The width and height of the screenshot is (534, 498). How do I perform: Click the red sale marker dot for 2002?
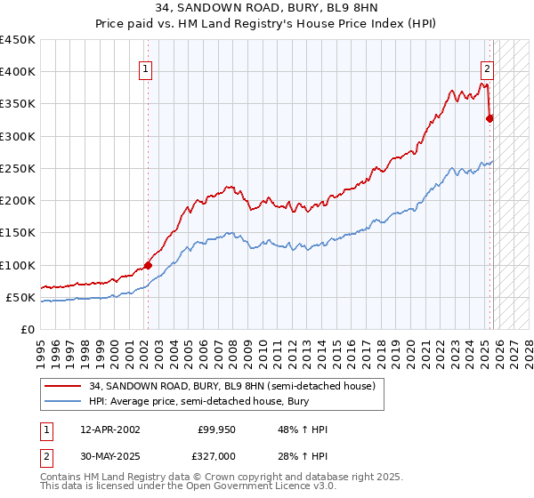(x=148, y=264)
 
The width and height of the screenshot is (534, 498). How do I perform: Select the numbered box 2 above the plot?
(x=488, y=72)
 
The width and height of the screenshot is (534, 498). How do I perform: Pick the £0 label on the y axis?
(x=28, y=329)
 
